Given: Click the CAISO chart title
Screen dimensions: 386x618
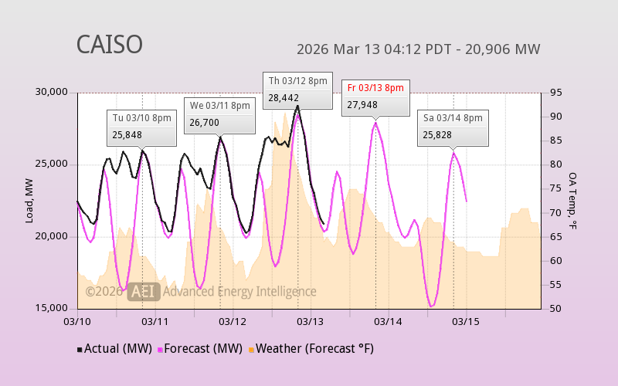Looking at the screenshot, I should [109, 45].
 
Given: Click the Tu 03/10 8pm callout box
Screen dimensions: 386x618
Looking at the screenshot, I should [142, 127].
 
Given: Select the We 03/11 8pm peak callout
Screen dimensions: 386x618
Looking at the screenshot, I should [220, 114].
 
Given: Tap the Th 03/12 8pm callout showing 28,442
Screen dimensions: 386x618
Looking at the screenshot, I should [298, 89].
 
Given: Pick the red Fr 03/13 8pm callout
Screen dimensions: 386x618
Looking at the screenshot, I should [375, 96].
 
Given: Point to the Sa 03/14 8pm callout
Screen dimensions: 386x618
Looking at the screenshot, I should [453, 126].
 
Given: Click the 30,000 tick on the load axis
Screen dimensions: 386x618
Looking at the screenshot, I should [53, 92].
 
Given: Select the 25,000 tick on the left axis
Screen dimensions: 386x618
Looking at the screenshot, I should [53, 164].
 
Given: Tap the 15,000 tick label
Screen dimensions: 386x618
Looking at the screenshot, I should [53, 308].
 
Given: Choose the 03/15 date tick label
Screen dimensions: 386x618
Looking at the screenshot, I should [466, 320].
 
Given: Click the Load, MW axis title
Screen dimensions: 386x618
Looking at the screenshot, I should [29, 201].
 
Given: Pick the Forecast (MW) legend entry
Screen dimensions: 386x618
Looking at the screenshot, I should [200, 349].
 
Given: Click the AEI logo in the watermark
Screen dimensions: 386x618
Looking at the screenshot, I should [144, 291].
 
